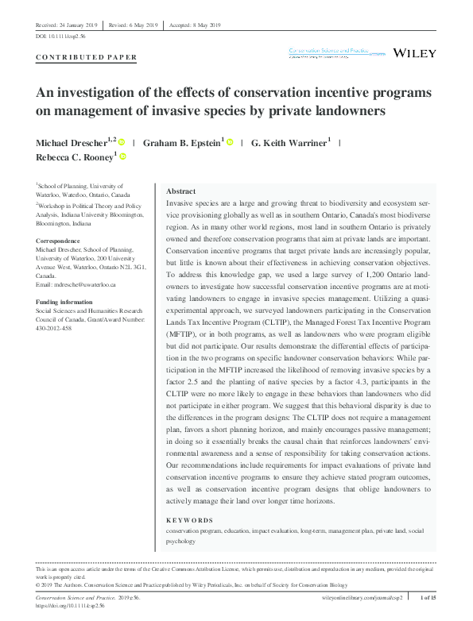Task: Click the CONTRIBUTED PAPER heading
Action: click(87, 57)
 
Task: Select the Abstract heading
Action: click(181, 191)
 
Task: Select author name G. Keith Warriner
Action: click(289, 142)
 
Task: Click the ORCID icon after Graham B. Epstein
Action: click(231, 142)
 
